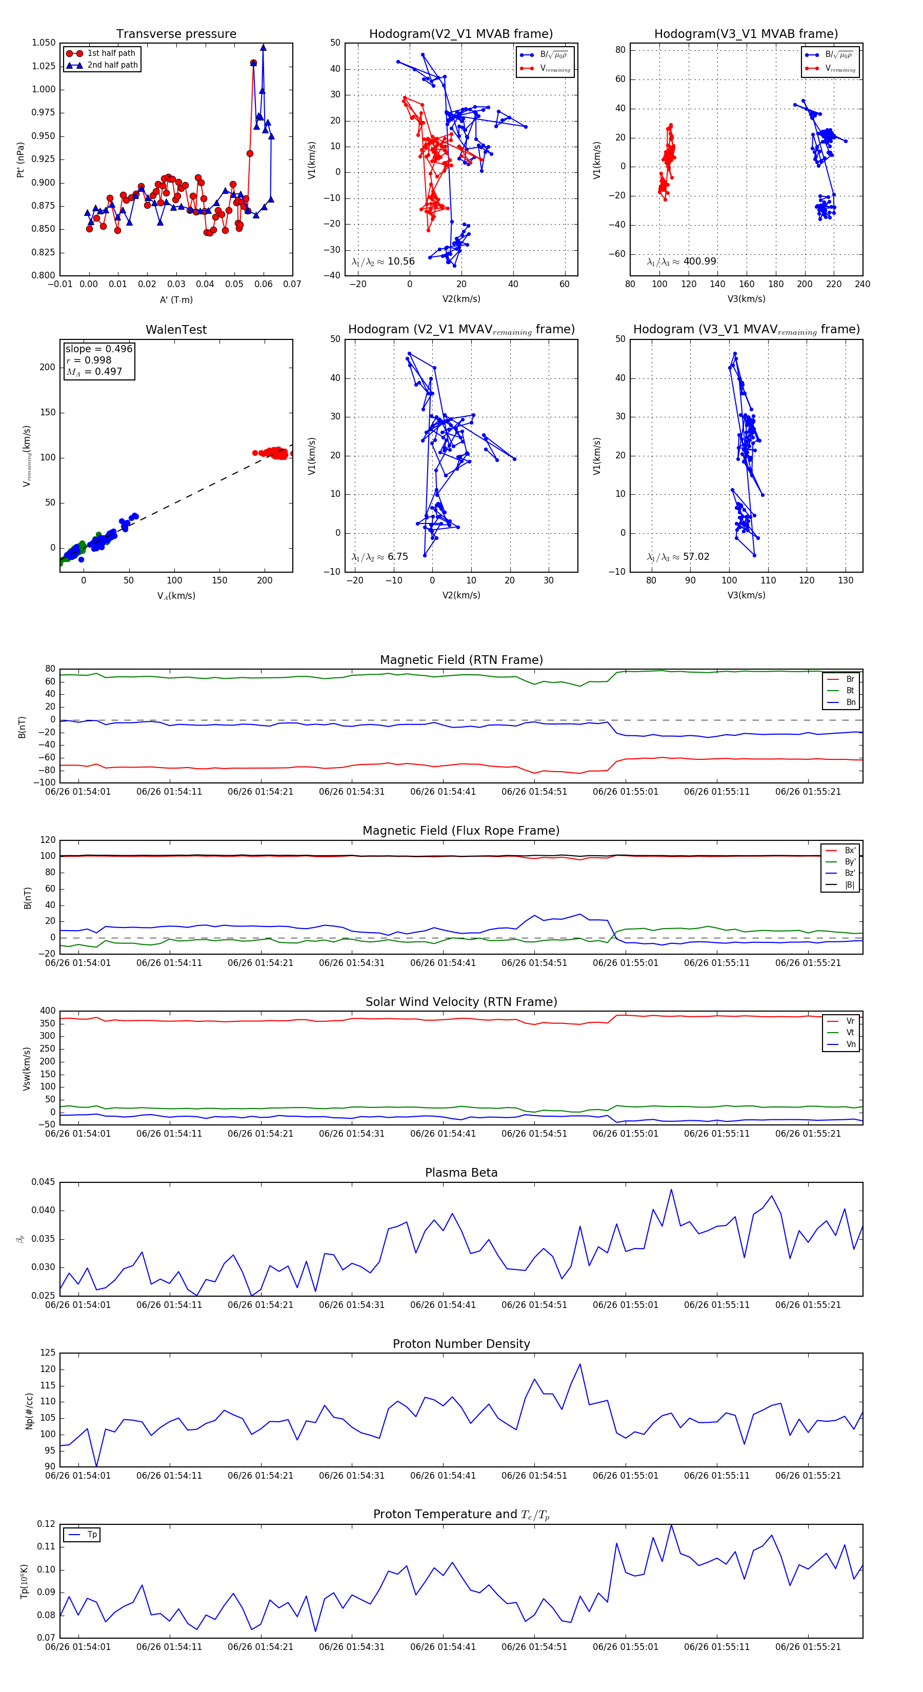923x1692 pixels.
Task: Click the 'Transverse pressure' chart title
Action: pos(176,34)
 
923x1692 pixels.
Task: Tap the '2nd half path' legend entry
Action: pos(112,65)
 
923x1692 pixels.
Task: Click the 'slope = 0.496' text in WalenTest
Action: pos(98,349)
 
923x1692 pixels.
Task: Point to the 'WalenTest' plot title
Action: pos(176,330)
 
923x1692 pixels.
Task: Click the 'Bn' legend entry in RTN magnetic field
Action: pos(850,702)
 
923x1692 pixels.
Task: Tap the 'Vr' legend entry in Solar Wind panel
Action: pos(850,1021)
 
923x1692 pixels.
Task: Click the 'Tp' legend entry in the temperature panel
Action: pos(92,1535)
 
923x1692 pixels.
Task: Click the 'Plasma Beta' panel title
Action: pos(461,1173)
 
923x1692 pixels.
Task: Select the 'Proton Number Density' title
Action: pos(461,1344)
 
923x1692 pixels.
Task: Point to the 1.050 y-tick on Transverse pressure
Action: pos(44,43)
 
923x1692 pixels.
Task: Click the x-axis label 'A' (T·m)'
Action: pos(176,300)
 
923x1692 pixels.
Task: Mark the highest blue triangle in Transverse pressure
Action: pos(263,47)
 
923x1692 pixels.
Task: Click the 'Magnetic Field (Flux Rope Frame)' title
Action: pos(461,831)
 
